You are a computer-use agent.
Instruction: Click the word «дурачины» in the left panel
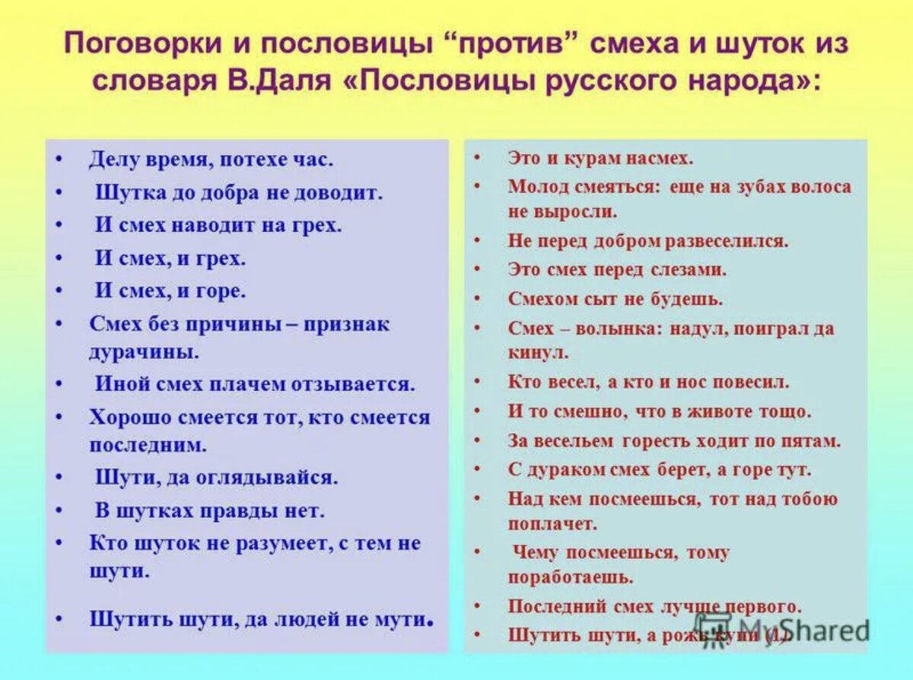145,352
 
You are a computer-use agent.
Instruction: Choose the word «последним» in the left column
148,443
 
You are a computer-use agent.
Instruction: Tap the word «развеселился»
726,241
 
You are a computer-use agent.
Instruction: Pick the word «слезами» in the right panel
694,270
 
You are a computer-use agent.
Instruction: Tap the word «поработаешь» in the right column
571,577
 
